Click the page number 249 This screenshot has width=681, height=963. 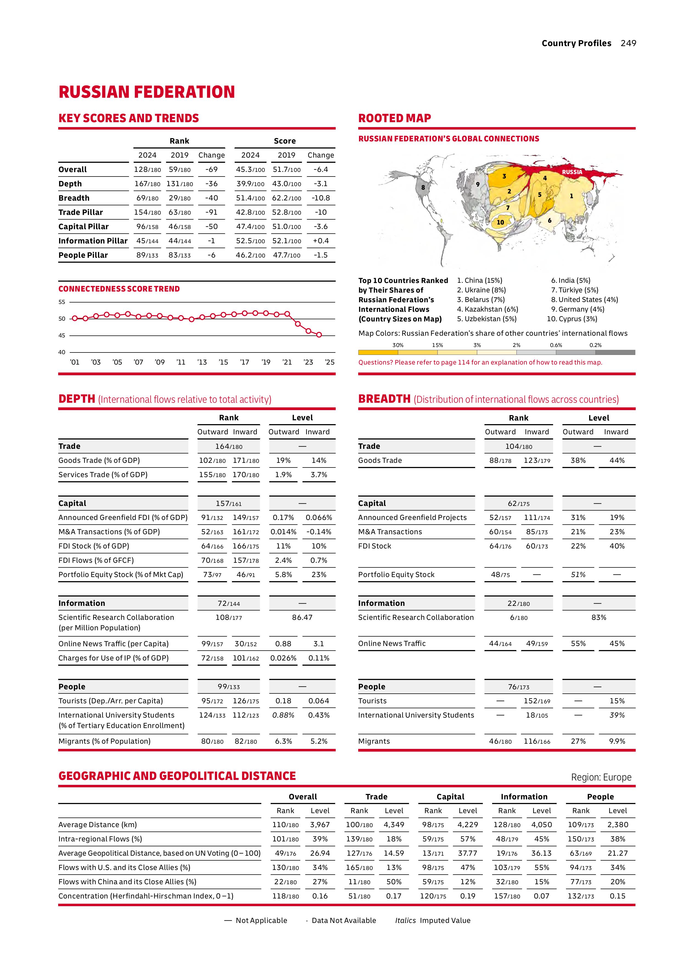point(628,43)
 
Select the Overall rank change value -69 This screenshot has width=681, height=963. point(211,169)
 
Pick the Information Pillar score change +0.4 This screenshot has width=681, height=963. point(321,241)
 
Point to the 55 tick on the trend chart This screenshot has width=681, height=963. point(62,302)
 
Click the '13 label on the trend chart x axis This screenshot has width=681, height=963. point(202,362)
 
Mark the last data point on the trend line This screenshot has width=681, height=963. point(319,335)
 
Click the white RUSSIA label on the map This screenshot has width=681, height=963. point(572,172)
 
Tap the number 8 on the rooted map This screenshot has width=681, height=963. point(423,187)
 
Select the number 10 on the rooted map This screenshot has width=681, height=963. point(500,222)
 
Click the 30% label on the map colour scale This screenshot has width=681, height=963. point(398,345)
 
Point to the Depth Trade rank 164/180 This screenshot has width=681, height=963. point(229,447)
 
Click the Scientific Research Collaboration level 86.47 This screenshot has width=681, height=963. point(302,617)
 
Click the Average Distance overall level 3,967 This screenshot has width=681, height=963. point(320,825)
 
